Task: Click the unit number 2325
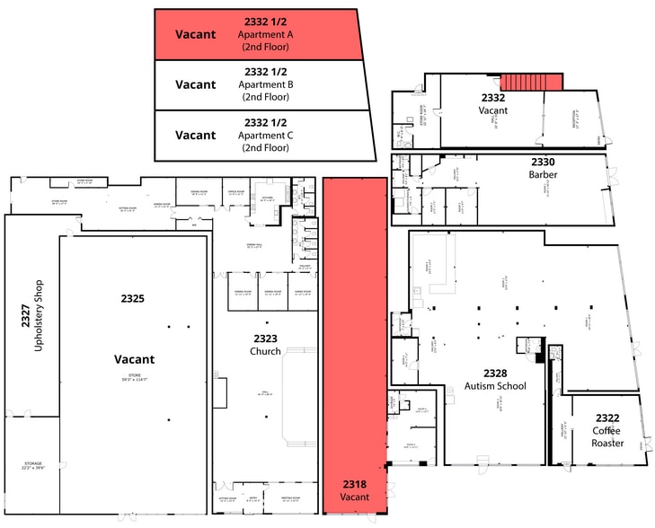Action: click(x=132, y=297)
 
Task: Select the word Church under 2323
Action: click(x=265, y=351)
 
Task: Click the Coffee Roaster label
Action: click(x=606, y=436)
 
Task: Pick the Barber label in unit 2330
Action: click(x=544, y=174)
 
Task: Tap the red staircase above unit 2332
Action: click(x=531, y=82)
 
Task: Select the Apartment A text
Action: click(x=265, y=34)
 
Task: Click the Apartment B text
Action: click(x=265, y=84)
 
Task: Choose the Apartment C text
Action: click(x=265, y=135)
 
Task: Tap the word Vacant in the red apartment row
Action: click(x=195, y=34)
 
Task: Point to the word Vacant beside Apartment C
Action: click(x=195, y=135)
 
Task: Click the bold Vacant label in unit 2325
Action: click(x=134, y=358)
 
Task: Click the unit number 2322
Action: click(x=606, y=418)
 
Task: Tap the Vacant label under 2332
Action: click(x=493, y=110)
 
